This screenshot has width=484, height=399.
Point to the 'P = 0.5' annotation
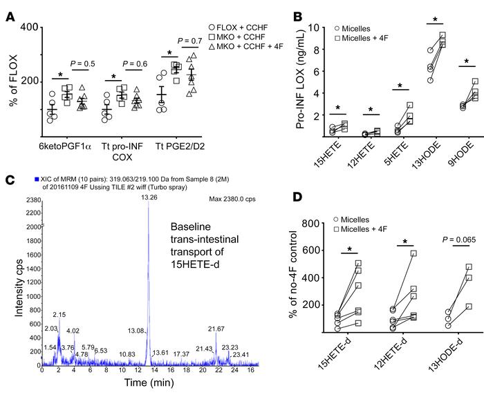point(86,66)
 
